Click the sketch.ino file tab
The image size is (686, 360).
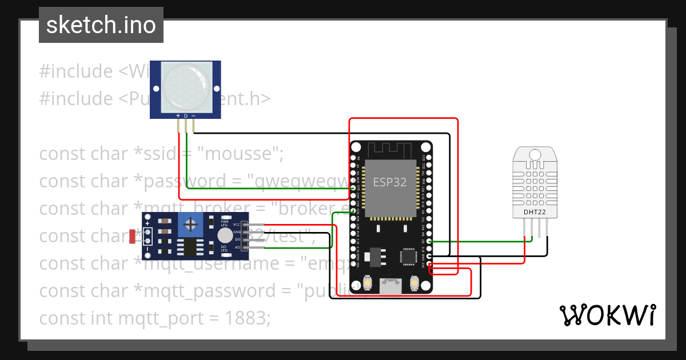[101, 25]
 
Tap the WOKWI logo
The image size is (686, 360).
[607, 315]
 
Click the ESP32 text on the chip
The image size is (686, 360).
[390, 182]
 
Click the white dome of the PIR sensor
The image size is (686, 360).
[186, 87]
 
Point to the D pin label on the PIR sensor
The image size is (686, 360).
[186, 115]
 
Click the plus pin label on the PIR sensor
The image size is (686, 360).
[178, 115]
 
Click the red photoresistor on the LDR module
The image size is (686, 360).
[133, 234]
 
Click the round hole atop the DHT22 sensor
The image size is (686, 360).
[535, 154]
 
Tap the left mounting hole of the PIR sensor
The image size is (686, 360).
[157, 87]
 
